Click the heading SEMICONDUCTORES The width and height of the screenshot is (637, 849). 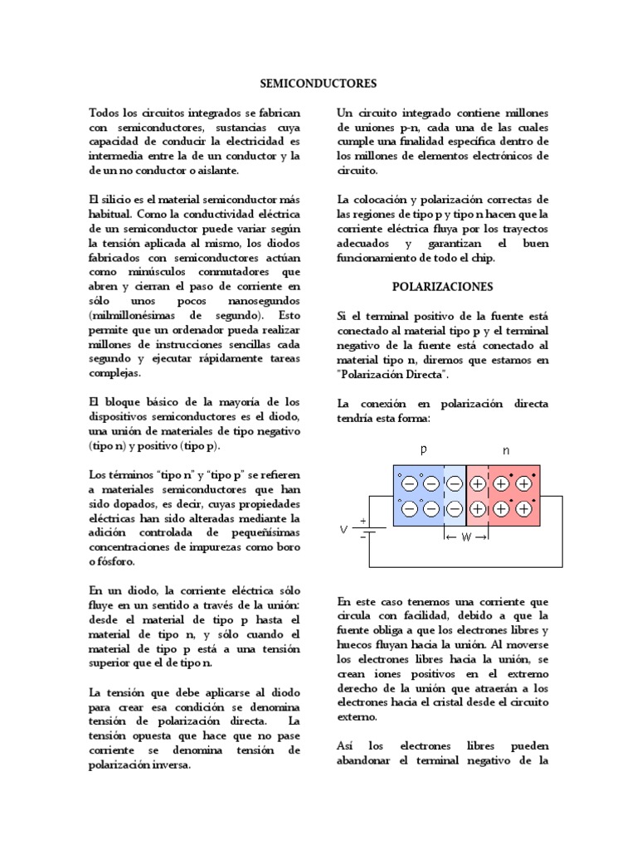point(318,84)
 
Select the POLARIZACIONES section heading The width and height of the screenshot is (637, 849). point(443,287)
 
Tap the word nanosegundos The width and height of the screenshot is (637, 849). point(259,301)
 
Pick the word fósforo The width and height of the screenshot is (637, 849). point(110,561)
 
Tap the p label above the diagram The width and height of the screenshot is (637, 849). point(423,449)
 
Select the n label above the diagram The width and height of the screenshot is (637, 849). point(507,449)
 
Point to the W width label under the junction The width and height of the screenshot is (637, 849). point(467,537)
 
